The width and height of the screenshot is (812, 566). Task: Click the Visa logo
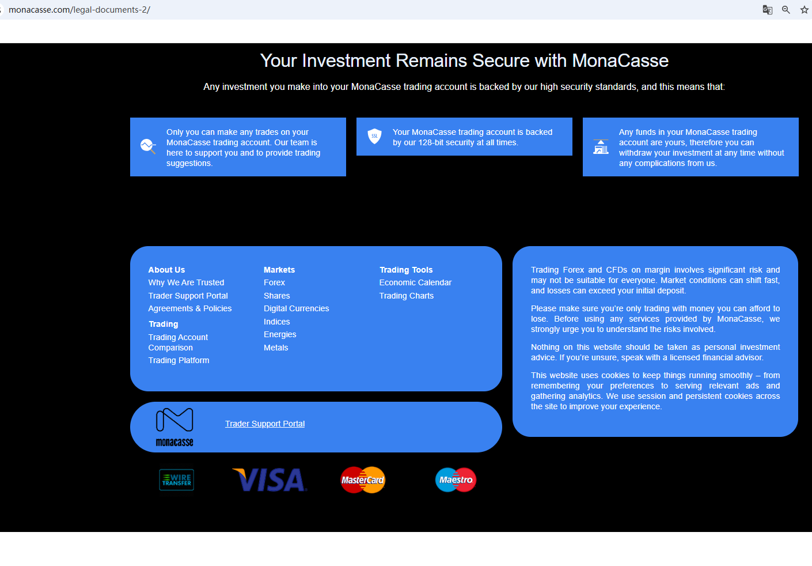click(x=270, y=480)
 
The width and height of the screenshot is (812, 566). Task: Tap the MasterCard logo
click(x=363, y=480)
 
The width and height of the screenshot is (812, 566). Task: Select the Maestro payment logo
click(x=456, y=480)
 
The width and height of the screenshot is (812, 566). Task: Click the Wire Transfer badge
click(x=177, y=480)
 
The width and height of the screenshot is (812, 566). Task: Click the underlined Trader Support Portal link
click(x=265, y=424)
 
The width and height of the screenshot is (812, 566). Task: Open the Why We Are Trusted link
click(x=186, y=282)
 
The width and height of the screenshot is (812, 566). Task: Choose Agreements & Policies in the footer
click(x=189, y=308)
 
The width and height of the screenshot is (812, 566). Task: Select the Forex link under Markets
click(x=274, y=282)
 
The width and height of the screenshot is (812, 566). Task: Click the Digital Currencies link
click(x=296, y=308)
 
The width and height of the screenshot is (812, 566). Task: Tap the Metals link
click(x=276, y=348)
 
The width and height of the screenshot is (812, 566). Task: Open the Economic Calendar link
click(x=415, y=282)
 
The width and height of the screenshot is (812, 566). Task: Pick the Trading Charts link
click(x=407, y=296)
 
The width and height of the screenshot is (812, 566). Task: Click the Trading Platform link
click(x=179, y=360)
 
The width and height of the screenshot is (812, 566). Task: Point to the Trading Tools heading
click(x=406, y=270)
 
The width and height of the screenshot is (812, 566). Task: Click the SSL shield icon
click(x=374, y=137)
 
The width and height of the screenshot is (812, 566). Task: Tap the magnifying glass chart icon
click(x=148, y=146)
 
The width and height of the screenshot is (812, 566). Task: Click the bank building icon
click(x=601, y=147)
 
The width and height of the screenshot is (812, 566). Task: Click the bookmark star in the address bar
click(x=804, y=10)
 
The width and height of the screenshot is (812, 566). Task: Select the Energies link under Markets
click(x=280, y=334)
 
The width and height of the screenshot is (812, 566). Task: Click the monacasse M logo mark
click(x=174, y=420)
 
